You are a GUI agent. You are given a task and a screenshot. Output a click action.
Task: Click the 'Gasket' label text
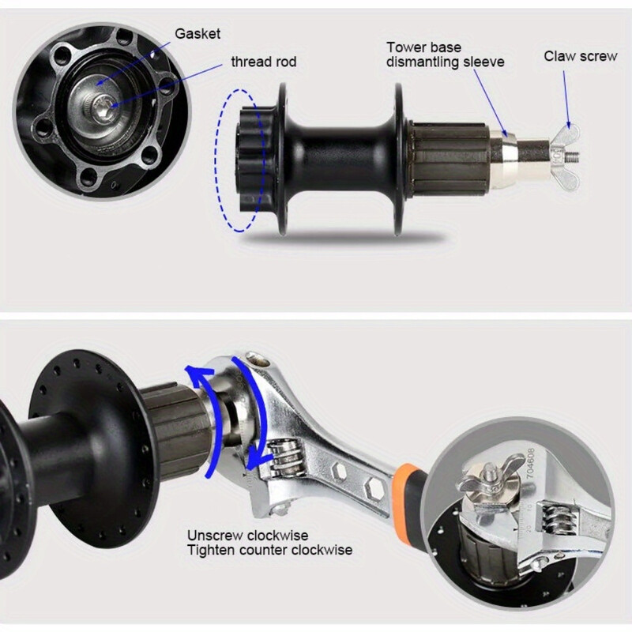tap(198, 34)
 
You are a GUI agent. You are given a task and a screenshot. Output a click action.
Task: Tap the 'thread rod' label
tap(263, 62)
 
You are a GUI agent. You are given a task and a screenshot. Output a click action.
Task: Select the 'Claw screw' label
tap(581, 56)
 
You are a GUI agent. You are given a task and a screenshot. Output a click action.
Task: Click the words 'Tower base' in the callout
tap(423, 47)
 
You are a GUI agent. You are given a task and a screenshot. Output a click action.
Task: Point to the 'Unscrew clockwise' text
tap(247, 536)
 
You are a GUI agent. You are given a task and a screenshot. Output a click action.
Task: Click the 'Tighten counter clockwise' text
tap(269, 550)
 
